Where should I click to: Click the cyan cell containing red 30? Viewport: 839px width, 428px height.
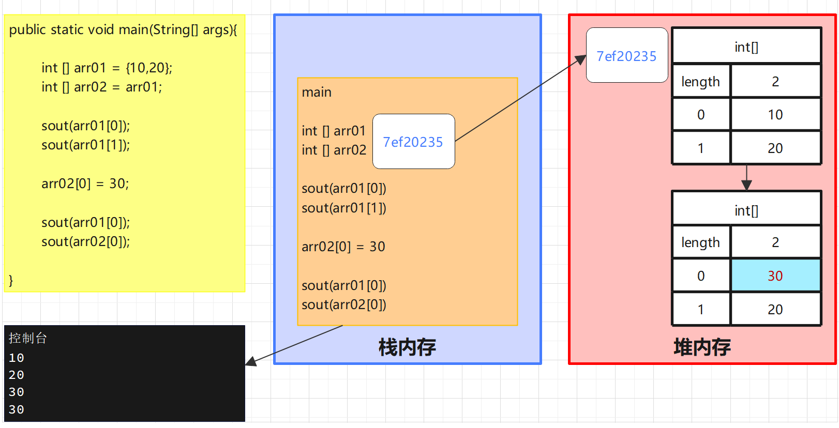[775, 276]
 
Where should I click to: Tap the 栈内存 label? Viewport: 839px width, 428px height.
[407, 347]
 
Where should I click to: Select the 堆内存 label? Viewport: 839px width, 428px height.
[702, 347]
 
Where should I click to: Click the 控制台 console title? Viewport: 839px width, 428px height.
[28, 338]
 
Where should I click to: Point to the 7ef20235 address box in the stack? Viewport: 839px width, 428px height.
[413, 142]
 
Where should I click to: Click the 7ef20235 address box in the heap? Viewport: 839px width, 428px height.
[626, 56]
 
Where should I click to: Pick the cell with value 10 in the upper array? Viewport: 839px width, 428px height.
[775, 115]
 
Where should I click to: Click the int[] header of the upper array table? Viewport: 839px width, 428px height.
[746, 47]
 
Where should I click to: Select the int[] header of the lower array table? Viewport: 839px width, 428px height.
[746, 210]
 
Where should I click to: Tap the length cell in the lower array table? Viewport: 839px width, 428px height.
[700, 242]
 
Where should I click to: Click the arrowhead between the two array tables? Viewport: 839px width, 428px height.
[746, 185]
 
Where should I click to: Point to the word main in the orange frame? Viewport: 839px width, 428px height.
[317, 92]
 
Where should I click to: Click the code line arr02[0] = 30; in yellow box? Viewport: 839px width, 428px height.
[85, 184]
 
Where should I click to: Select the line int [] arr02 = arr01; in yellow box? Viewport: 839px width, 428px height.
[101, 87]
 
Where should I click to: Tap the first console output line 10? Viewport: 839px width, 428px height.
[17, 358]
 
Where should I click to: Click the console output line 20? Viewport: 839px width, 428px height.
[17, 375]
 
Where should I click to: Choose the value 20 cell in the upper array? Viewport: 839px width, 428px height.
[775, 148]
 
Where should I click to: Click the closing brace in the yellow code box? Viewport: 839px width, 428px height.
[11, 280]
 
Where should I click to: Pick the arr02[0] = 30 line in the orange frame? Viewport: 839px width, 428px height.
[343, 247]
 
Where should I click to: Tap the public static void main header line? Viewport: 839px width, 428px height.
[123, 29]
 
